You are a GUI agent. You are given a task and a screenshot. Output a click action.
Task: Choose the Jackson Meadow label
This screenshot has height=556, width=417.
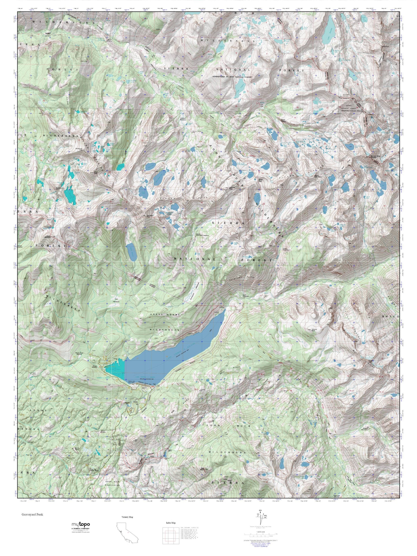pyautogui.click(x=183, y=119)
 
